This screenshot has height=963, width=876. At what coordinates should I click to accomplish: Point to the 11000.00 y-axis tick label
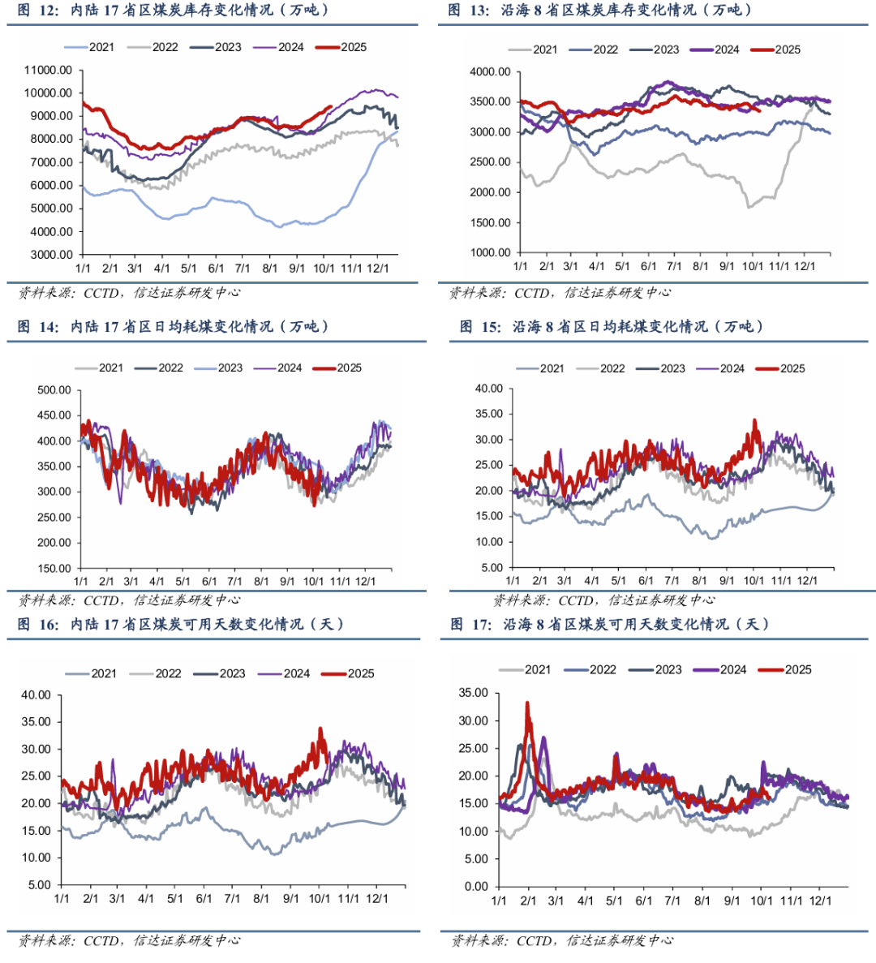pyautogui.click(x=48, y=70)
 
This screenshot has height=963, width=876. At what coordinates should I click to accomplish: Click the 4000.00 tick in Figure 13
pyautogui.click(x=490, y=72)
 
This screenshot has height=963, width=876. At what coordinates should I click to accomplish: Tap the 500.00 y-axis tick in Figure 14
pyautogui.click(x=54, y=390)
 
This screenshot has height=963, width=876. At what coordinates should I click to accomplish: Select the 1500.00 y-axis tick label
pyautogui.click(x=490, y=223)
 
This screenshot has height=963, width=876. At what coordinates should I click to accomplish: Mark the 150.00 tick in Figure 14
pyautogui.click(x=54, y=568)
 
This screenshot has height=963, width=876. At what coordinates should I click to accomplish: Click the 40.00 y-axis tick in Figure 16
pyautogui.click(x=36, y=695)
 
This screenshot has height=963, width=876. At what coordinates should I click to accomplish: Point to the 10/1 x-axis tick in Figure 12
pyautogui.click(x=324, y=268)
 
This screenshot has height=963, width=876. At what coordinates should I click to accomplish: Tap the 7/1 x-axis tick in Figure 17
pyautogui.click(x=672, y=901)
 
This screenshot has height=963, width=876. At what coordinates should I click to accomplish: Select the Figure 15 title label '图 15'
pyautogui.click(x=479, y=327)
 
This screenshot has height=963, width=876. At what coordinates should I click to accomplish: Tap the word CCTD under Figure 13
pyautogui.click(x=531, y=293)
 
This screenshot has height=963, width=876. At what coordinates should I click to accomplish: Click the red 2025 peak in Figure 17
pyautogui.click(x=527, y=703)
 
